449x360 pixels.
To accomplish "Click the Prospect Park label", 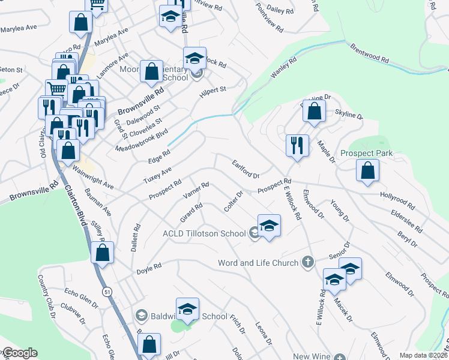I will [x=366, y=154].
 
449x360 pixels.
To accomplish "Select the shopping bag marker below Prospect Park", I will [x=367, y=171].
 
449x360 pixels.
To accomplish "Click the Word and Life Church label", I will [x=258, y=263].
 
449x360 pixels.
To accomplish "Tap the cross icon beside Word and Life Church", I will [x=307, y=262].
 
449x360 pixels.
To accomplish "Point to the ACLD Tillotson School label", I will [x=204, y=233].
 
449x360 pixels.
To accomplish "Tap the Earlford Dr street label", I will [x=246, y=168].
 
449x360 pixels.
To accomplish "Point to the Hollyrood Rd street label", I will [x=397, y=199].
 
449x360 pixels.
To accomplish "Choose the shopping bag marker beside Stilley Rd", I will [x=103, y=253].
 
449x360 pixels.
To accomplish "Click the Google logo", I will [x=19, y=353].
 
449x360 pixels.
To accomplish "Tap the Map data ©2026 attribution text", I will [x=423, y=355].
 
